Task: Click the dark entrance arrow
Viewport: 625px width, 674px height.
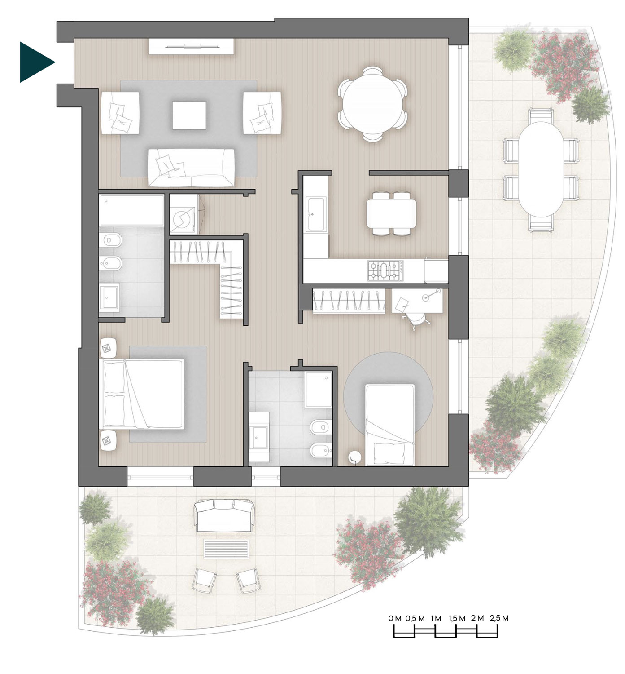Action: [35, 62]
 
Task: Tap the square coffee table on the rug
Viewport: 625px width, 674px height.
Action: [189, 115]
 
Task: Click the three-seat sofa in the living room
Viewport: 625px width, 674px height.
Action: [191, 168]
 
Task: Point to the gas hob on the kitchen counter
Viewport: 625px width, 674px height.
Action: [385, 270]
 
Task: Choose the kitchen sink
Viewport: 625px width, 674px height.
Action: [315, 214]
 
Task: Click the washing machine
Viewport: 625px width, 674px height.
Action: [184, 214]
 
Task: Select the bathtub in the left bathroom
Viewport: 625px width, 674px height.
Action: [131, 210]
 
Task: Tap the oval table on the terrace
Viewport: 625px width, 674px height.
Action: [541, 169]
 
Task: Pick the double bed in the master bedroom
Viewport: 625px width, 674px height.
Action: [141, 394]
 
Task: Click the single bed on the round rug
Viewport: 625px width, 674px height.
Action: [390, 425]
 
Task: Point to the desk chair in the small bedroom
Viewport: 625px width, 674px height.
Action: [416, 319]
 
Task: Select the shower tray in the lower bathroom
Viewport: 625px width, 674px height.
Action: [318, 389]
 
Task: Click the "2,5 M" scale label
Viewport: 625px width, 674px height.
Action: [499, 618]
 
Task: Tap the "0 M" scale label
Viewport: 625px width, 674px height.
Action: [395, 618]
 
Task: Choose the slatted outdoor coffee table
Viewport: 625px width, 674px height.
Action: [227, 549]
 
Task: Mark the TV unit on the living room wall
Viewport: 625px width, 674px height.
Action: [192, 46]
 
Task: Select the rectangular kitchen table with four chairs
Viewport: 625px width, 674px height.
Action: [391, 213]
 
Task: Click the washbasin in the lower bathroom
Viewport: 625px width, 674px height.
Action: [258, 437]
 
